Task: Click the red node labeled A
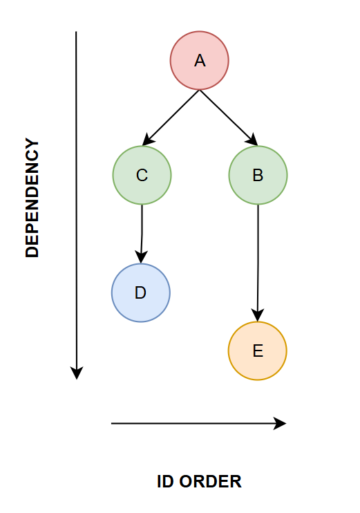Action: click(x=200, y=61)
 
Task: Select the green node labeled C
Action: click(x=142, y=175)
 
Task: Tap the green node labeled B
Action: click(x=258, y=175)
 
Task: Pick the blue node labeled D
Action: click(x=141, y=292)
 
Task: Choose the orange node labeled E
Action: click(x=258, y=351)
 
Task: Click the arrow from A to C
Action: click(x=171, y=118)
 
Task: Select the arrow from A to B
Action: click(x=229, y=118)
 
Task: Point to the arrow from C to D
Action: click(x=142, y=234)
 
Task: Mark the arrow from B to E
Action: click(x=258, y=263)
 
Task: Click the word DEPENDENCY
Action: click(x=32, y=198)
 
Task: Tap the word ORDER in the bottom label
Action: click(x=210, y=482)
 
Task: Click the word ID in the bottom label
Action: click(x=165, y=482)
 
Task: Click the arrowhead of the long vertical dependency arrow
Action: click(x=77, y=373)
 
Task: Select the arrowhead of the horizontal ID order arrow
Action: click(x=280, y=423)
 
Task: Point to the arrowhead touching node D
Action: click(x=141, y=257)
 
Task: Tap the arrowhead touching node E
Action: click(x=258, y=315)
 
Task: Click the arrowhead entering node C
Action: click(x=148, y=140)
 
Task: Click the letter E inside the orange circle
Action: click(x=258, y=351)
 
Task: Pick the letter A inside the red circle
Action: click(x=200, y=61)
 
